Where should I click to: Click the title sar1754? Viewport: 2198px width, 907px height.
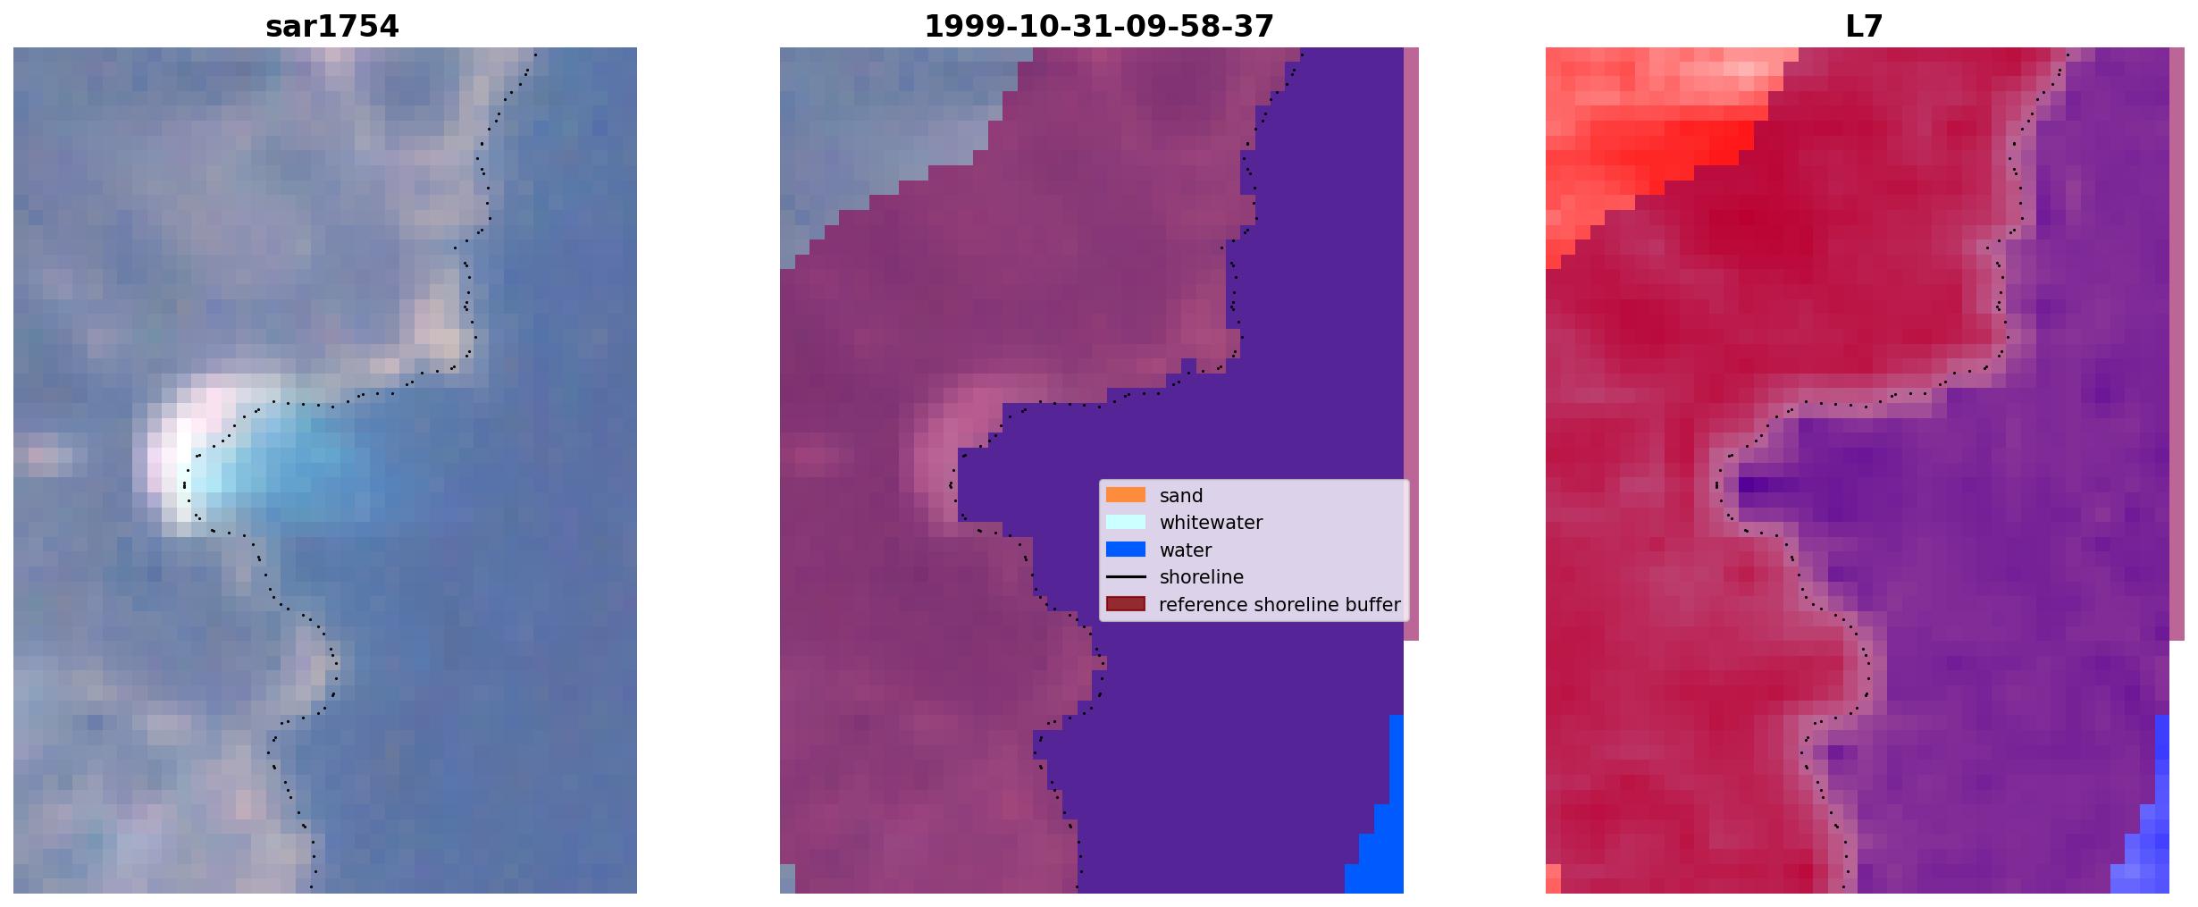[331, 27]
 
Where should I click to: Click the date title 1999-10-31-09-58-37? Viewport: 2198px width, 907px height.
[1099, 27]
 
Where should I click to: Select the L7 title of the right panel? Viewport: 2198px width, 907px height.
[1864, 27]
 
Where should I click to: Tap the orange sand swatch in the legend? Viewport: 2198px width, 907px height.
[1126, 495]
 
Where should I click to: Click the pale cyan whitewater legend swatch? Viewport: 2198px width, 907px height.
[1126, 522]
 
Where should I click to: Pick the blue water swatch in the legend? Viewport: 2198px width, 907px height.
[1126, 550]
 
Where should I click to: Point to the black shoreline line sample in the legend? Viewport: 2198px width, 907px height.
[1126, 577]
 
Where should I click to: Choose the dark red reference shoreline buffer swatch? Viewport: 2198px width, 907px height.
[1126, 604]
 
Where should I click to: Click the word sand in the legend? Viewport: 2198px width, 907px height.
[1181, 496]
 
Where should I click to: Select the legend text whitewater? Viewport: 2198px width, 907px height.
[1211, 523]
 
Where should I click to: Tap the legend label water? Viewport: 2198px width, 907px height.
[1186, 550]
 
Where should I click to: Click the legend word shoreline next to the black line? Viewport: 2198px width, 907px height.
[1202, 577]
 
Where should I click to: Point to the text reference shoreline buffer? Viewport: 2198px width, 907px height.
[1280, 605]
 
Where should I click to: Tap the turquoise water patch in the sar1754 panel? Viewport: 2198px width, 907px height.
[295, 465]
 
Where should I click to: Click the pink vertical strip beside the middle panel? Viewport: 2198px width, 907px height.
[1411, 344]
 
